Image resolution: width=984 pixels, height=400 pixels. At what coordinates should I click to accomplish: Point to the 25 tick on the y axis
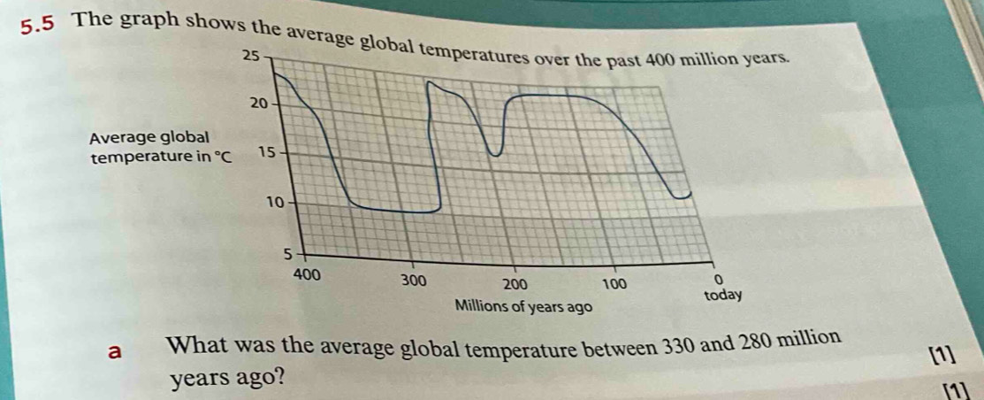click(x=250, y=56)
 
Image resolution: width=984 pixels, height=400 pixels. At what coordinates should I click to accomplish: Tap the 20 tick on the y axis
click(x=258, y=104)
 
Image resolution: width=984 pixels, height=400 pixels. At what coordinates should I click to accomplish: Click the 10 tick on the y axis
click(x=277, y=203)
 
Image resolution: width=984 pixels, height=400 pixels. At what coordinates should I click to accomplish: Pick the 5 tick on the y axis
click(x=287, y=254)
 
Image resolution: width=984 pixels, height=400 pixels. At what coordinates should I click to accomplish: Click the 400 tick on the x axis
click(x=306, y=273)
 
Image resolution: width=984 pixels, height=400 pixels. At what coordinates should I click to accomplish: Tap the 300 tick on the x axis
click(x=414, y=281)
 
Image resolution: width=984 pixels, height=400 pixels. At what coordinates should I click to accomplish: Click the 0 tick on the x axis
click(x=718, y=280)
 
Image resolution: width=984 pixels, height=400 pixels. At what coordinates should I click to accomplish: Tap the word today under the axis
click(x=722, y=294)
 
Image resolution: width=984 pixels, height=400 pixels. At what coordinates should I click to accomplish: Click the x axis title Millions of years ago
click(x=521, y=305)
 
